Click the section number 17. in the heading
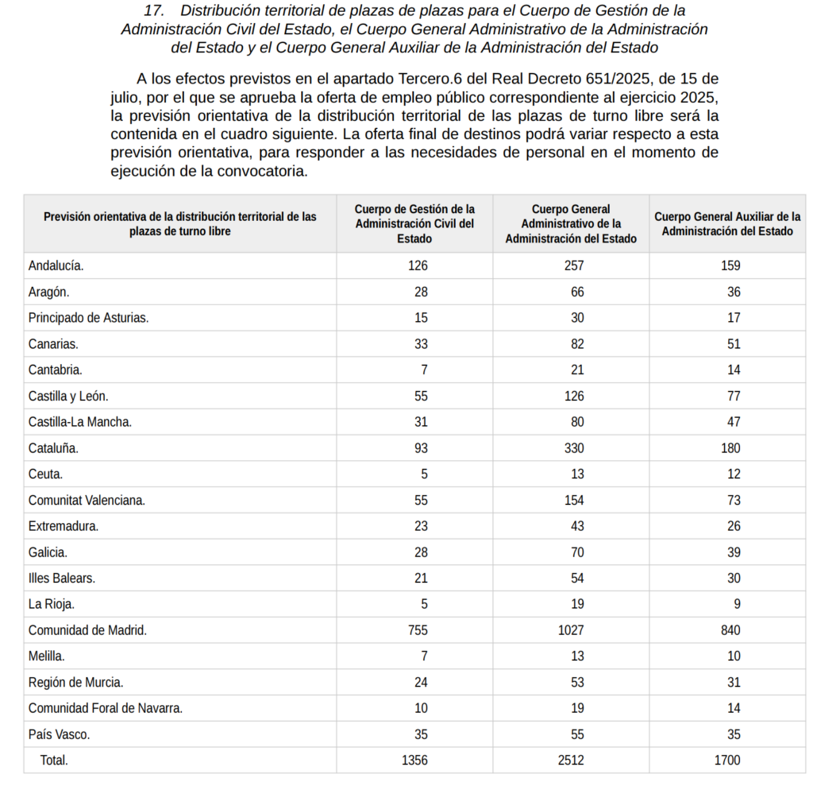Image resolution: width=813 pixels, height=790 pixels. tap(155, 11)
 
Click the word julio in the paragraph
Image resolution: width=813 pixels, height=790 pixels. tap(126, 97)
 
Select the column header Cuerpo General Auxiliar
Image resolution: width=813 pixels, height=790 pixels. tap(726, 223)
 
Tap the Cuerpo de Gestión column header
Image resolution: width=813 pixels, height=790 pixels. tap(414, 223)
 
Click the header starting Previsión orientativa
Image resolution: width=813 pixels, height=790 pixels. tap(180, 223)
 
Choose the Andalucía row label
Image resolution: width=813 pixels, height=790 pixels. tap(56, 265)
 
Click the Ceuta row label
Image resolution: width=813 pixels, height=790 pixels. tap(45, 474)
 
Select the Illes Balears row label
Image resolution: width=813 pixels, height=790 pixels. tap(62, 578)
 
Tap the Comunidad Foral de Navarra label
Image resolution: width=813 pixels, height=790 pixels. tap(106, 708)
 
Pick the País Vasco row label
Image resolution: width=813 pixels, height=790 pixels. tap(59, 734)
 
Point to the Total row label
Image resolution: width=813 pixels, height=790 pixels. tap(54, 761)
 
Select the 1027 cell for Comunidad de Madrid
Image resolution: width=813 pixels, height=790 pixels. tap(571, 630)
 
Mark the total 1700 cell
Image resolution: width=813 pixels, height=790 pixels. tap(727, 761)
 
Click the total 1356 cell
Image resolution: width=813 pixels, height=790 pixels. tap(414, 761)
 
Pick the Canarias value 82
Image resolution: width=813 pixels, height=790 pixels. tap(577, 344)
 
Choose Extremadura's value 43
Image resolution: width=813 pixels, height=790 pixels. tap(577, 526)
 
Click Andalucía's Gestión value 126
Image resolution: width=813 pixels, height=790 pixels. tap(418, 265)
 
